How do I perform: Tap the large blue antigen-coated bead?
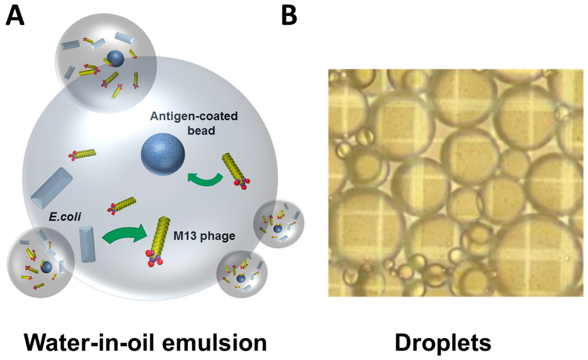click(164, 154)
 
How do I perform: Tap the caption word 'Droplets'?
click(442, 343)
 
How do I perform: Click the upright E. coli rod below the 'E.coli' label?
click(87, 245)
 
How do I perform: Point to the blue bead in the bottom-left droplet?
click(47, 268)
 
